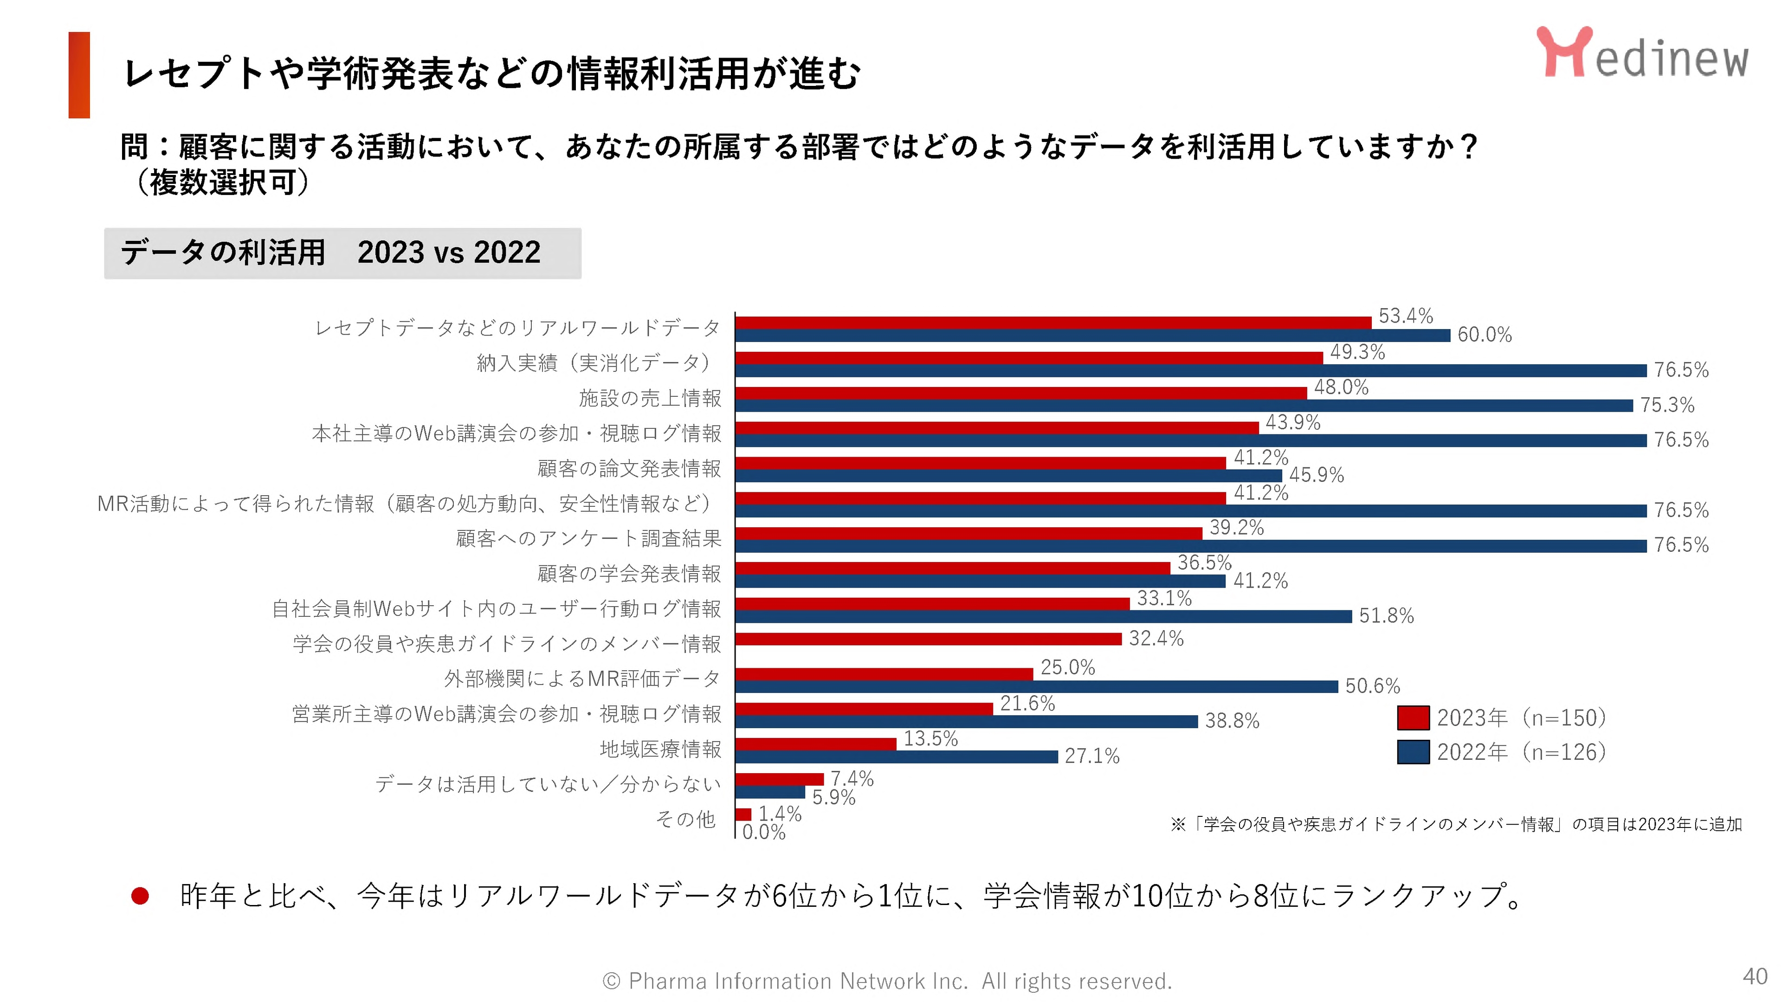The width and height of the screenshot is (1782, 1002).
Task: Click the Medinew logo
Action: [1641, 54]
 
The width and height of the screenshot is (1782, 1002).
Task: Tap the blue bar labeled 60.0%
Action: [1092, 336]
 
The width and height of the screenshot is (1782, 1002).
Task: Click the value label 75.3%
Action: [1667, 405]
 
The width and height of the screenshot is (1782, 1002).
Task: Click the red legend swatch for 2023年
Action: [1413, 718]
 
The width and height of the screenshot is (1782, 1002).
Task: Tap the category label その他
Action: [685, 819]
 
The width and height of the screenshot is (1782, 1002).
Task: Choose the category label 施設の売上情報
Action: [650, 398]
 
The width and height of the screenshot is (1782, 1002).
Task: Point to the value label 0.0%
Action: [764, 832]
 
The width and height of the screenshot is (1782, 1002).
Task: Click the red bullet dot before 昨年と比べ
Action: [141, 896]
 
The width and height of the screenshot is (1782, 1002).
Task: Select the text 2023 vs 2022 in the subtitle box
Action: [449, 252]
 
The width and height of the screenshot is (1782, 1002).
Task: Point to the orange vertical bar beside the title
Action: [79, 75]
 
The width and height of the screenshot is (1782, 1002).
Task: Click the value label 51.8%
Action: [1386, 616]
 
